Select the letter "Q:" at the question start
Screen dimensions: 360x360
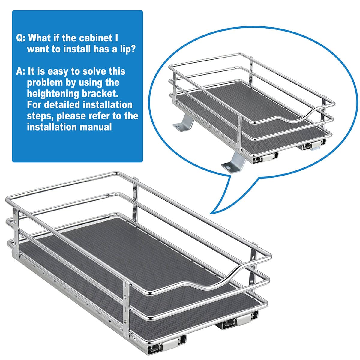[x=22, y=38]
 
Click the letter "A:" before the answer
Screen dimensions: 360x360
[x=21, y=72]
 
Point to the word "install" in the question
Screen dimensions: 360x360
[x=77, y=49]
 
